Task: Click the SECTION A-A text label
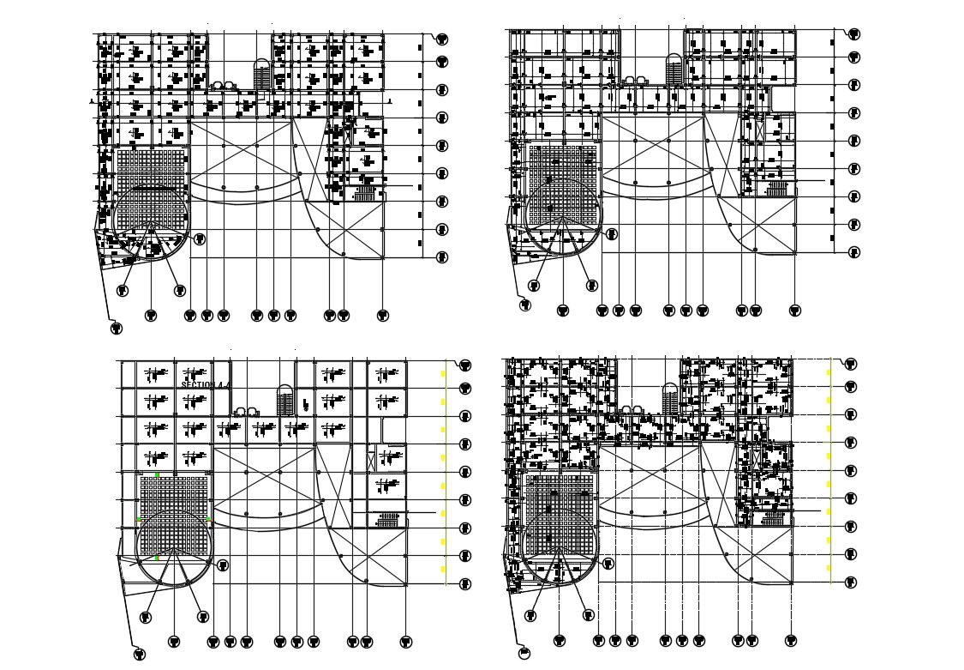coord(207,386)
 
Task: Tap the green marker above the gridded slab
coord(157,474)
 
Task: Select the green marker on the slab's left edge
coord(138,519)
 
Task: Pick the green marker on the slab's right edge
coord(208,518)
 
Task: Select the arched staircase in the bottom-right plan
coord(671,399)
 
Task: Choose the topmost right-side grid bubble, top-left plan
coord(442,39)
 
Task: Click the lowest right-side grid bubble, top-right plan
coord(854,252)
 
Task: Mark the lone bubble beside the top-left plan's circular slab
coord(200,238)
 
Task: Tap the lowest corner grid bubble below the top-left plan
coord(116,328)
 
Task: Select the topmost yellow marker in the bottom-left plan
coord(443,373)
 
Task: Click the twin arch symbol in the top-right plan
coord(633,80)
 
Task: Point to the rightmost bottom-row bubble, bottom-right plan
coord(792,640)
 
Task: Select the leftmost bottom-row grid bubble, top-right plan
coord(563,310)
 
